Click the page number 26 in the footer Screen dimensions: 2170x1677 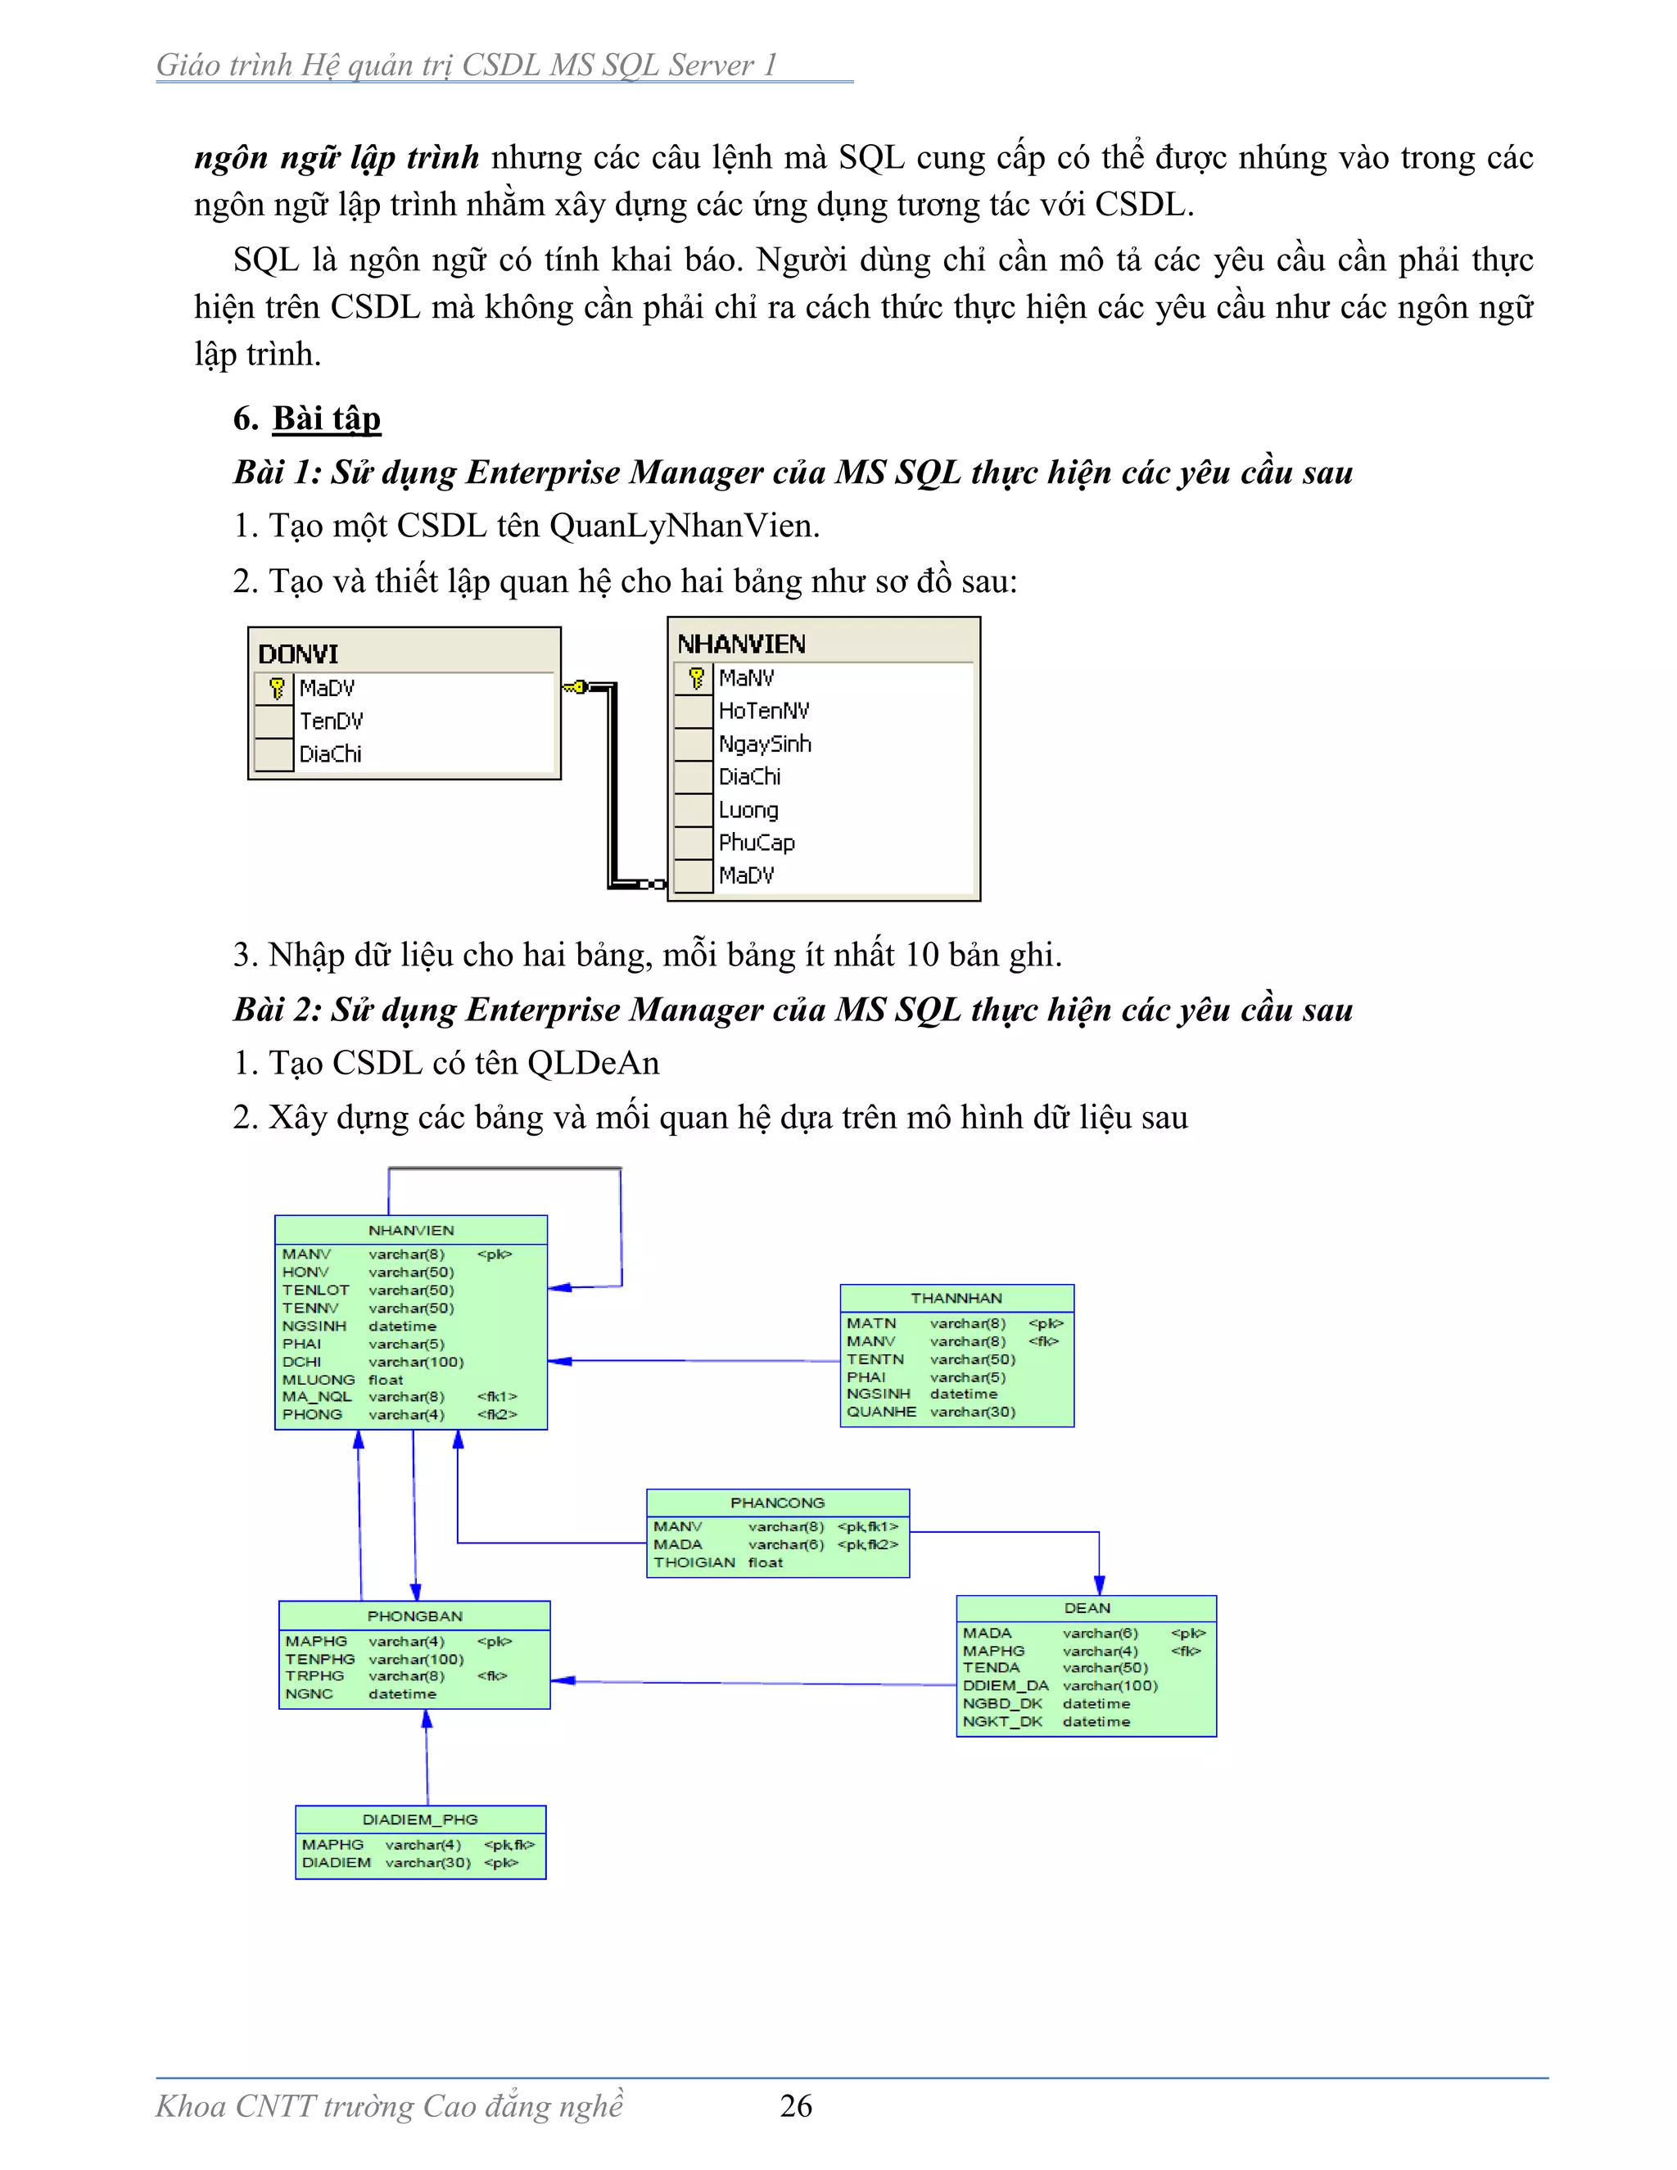pyautogui.click(x=796, y=2104)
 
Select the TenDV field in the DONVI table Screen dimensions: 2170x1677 pyautogui.click(x=331, y=721)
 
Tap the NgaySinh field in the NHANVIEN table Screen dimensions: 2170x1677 pyautogui.click(x=764, y=744)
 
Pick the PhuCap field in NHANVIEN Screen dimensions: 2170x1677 pyautogui.click(x=756, y=843)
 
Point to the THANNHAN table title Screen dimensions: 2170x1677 pyautogui.click(x=956, y=1298)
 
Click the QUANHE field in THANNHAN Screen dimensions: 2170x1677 pyautogui.click(x=881, y=1412)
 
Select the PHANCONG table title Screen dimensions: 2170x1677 pyautogui.click(x=777, y=1503)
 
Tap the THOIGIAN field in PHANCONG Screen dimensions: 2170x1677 pyautogui.click(x=694, y=1563)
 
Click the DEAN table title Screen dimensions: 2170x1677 pyautogui.click(x=1087, y=1607)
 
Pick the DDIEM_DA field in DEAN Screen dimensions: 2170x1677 pyautogui.click(x=1006, y=1685)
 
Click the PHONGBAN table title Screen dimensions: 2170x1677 pyautogui.click(x=414, y=1616)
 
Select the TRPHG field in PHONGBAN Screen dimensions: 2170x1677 pyautogui.click(x=315, y=1675)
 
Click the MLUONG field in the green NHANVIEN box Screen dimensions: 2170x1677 pyautogui.click(x=318, y=1380)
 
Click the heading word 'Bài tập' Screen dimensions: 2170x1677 pyautogui.click(x=327, y=418)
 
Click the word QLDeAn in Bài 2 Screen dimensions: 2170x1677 pyautogui.click(x=593, y=1063)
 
